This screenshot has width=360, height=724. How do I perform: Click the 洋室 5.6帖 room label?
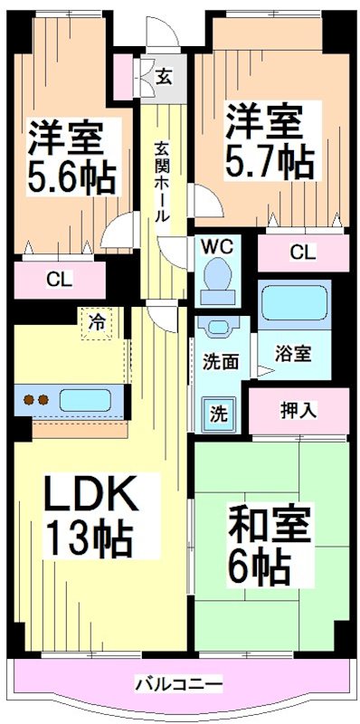coord(72,156)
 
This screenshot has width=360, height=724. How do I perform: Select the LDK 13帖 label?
coord(90,516)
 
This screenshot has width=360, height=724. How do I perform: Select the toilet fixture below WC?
coord(217,276)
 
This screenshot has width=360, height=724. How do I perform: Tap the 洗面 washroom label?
coord(220,361)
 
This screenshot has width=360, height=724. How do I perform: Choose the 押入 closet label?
coord(298,410)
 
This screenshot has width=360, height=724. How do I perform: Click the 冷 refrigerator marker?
coord(96,320)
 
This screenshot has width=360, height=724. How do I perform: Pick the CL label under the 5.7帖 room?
coord(303,252)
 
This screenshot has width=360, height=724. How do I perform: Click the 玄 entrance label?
coord(165,76)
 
